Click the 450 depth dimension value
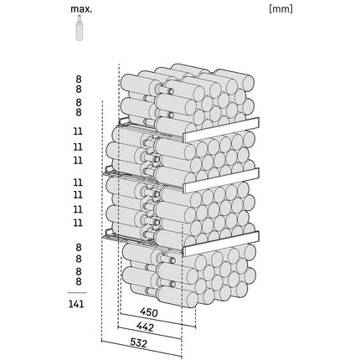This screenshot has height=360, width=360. pyautogui.click(x=149, y=312)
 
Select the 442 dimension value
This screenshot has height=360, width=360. pyautogui.click(x=145, y=327)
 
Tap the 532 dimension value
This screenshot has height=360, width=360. pyautogui.click(x=138, y=342)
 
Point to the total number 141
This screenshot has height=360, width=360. pyautogui.click(x=76, y=304)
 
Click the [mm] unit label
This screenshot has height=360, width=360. pyautogui.click(x=281, y=9)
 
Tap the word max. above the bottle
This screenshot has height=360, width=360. pyautogui.click(x=81, y=9)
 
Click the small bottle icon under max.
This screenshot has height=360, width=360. pyautogui.click(x=80, y=28)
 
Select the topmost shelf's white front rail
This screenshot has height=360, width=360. pyautogui.click(x=221, y=130)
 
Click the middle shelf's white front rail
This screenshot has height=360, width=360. pyautogui.click(x=221, y=180)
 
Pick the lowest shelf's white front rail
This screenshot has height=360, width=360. pyautogui.click(x=221, y=244)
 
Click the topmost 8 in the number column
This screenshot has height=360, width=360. pyautogui.click(x=79, y=80)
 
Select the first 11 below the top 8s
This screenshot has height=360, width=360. pyautogui.click(x=78, y=131)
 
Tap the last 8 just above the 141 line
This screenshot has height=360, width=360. pyautogui.click(x=79, y=281)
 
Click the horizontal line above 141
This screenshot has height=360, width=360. pyautogui.click(x=77, y=292)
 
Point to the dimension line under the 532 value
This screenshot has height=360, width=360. pyautogui.click(x=141, y=348)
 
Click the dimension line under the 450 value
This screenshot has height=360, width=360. pyautogui.click(x=157, y=320)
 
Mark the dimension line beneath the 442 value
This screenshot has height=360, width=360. pyautogui.click(x=150, y=332)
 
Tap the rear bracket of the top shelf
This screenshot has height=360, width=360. pyautogui.click(x=124, y=121)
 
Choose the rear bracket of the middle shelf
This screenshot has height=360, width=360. pyautogui.click(x=109, y=170)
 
